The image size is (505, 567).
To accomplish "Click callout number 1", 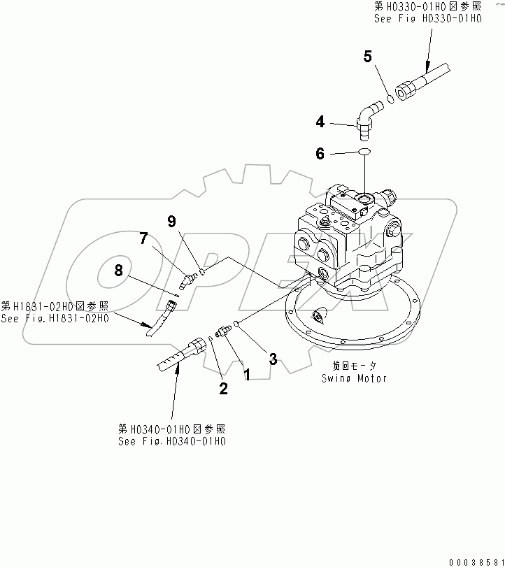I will tap(246, 375).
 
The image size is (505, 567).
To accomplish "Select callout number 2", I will tap(223, 389).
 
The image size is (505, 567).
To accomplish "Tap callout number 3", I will tap(273, 359).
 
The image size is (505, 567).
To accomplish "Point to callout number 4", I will tap(320, 122).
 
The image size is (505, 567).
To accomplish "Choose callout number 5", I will tap(367, 57).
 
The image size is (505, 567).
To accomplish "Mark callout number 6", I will tap(320, 154).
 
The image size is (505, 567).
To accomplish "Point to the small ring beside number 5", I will tap(391, 99).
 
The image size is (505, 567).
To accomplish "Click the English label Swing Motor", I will tap(354, 378).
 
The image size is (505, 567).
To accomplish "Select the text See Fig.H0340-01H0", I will tap(173, 441).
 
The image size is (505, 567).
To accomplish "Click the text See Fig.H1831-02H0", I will tap(55, 318).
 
